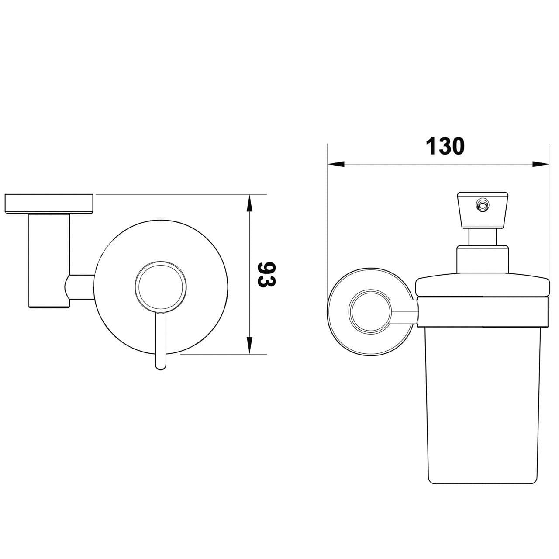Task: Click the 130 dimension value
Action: [445, 146]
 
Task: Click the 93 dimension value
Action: [266, 274]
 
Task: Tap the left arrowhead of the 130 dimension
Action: [336, 164]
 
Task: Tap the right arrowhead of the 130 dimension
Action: [541, 164]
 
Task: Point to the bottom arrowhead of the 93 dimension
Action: [249, 345]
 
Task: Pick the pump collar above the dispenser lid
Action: [483, 259]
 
